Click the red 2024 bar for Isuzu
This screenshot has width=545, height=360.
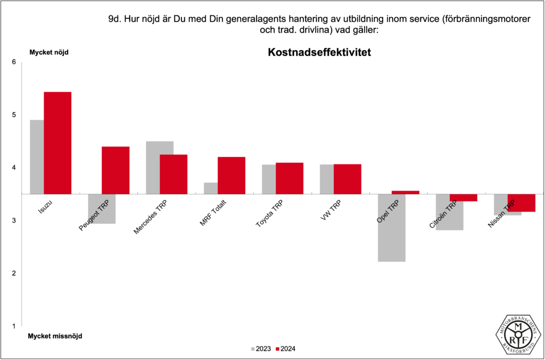point(57,143)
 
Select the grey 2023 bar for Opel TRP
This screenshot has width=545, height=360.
point(392,228)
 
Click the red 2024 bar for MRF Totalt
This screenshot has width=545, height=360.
point(232,175)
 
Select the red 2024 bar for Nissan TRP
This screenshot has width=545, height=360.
point(522,203)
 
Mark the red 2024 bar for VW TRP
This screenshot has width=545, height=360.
point(348,179)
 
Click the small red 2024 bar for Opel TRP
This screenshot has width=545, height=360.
point(406,192)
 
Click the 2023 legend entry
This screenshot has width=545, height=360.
point(260,349)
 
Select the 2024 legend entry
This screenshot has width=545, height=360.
point(286,349)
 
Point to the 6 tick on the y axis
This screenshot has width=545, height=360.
point(14,62)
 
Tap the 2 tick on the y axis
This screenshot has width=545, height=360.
point(14,273)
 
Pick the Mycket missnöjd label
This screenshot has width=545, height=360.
point(55,336)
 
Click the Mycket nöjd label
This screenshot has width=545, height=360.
point(48,52)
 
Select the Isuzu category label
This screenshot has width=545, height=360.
point(45,207)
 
